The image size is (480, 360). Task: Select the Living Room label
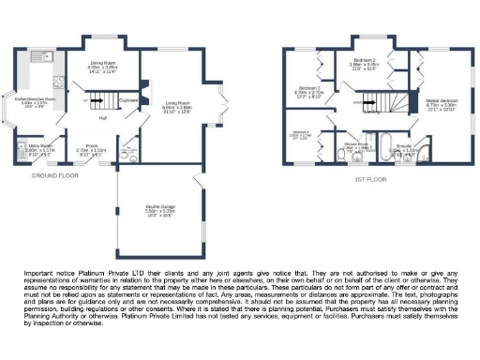178,104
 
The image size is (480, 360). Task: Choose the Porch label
90,146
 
